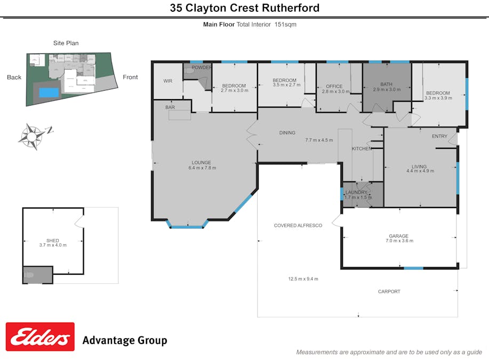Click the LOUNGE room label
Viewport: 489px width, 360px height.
pyautogui.click(x=202, y=163)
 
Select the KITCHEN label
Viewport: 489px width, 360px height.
pyautogui.click(x=362, y=149)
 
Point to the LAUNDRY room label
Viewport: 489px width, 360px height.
pyautogui.click(x=356, y=192)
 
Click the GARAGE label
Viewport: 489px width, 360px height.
pyautogui.click(x=398, y=236)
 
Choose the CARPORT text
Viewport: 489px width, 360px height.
pyautogui.click(x=389, y=292)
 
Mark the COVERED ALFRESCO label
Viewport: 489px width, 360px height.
pyautogui.click(x=298, y=226)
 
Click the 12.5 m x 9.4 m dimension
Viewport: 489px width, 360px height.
pyautogui.click(x=303, y=279)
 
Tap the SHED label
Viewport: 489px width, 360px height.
pyautogui.click(x=53, y=241)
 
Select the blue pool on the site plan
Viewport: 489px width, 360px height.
pyautogui.click(x=49, y=92)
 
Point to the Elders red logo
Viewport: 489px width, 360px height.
pyautogui.click(x=40, y=337)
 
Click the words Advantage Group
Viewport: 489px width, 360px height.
pyautogui.click(x=124, y=340)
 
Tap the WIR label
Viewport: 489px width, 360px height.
pyautogui.click(x=167, y=81)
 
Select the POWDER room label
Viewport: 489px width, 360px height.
pyautogui.click(x=202, y=68)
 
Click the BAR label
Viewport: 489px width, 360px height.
pyautogui.click(x=170, y=108)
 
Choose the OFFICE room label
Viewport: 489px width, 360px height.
pyautogui.click(x=334, y=86)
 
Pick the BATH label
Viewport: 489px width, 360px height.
pyautogui.click(x=386, y=84)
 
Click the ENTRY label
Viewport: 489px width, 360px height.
pyautogui.click(x=439, y=137)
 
